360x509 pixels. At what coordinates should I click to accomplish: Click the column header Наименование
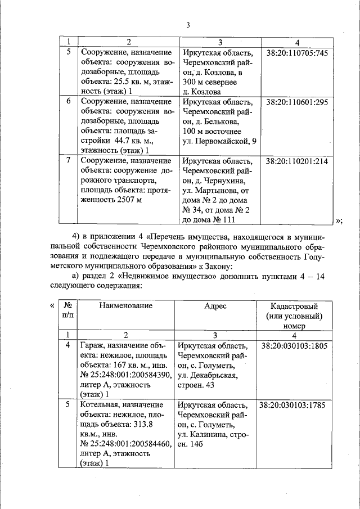pyautogui.click(x=126, y=305)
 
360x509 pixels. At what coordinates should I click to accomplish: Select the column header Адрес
pyautogui.click(x=215, y=305)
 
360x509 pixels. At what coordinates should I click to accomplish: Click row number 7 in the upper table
pyautogui.click(x=69, y=161)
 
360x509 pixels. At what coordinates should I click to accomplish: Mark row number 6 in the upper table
pyautogui.click(x=69, y=102)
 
